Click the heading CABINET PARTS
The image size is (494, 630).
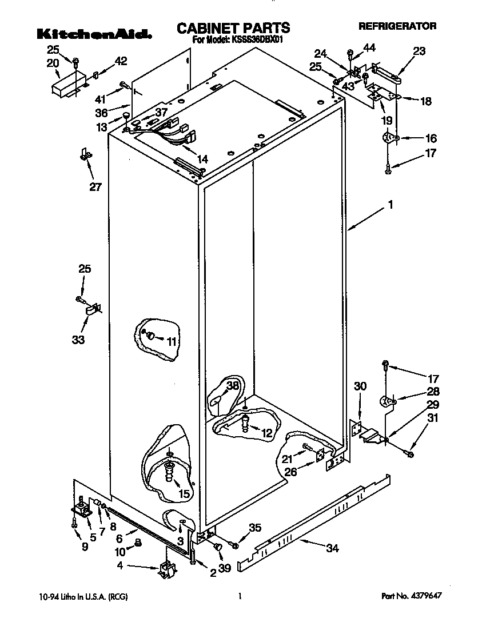[x=233, y=27]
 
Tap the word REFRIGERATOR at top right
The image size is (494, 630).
[x=397, y=26]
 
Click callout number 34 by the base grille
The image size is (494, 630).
[x=332, y=548]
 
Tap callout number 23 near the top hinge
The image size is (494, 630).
[x=419, y=51]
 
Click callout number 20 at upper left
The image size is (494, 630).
[x=53, y=63]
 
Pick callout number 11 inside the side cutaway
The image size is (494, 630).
[x=172, y=342]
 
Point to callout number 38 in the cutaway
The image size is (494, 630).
[x=232, y=386]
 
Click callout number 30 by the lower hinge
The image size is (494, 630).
[x=360, y=386]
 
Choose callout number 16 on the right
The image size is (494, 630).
[x=431, y=138]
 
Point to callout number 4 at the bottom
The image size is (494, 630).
[x=119, y=567]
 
